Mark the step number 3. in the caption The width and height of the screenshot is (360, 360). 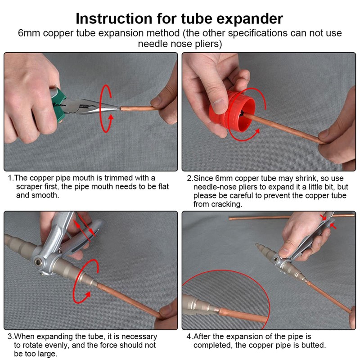tap(11, 337)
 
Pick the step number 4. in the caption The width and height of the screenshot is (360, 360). tap(189, 337)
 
